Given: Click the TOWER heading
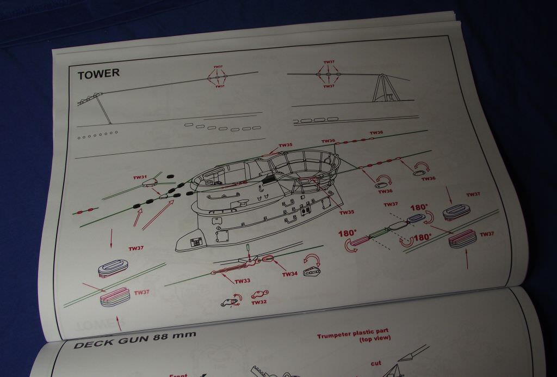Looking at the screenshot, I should tap(98, 74).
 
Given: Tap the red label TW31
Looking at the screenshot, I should tap(140, 177).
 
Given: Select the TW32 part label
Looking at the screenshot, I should tap(259, 302).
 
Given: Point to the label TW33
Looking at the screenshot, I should tap(243, 281).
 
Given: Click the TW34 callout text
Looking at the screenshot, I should tap(289, 274).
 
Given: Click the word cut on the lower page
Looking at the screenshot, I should tap(376, 363).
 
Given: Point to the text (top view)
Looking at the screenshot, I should tap(375, 339).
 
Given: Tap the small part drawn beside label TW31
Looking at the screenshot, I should tap(149, 184).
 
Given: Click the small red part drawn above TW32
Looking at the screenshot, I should tap(256, 295).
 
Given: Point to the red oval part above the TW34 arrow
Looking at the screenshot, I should tap(268, 259).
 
